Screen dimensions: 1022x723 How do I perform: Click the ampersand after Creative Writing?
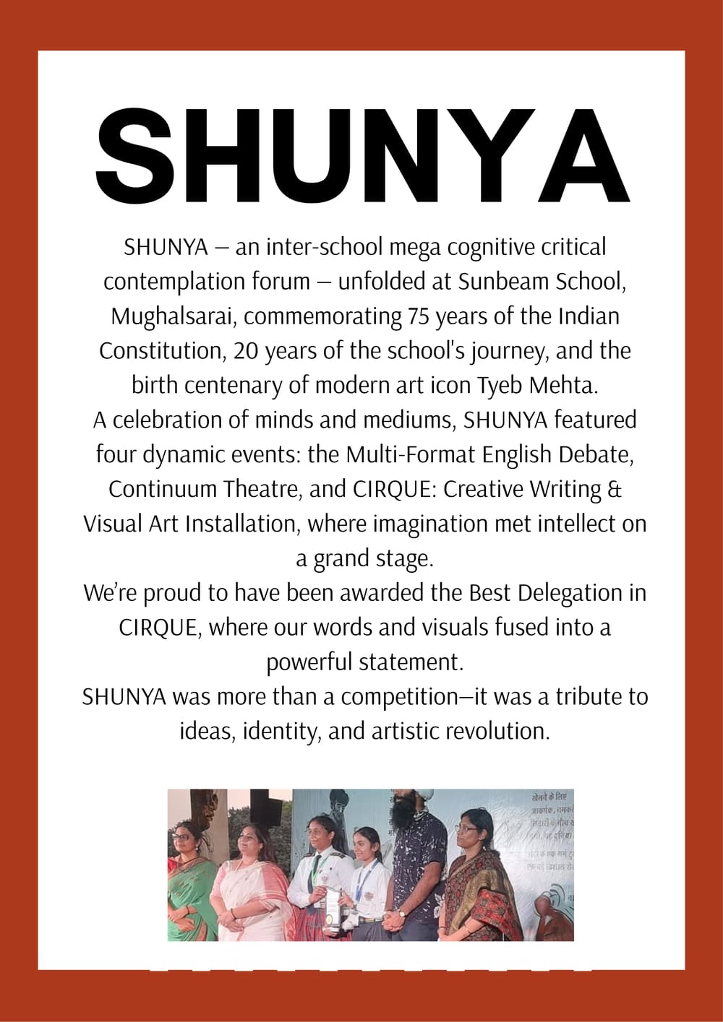coord(615,489)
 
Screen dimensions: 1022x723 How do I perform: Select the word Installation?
coord(242,524)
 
